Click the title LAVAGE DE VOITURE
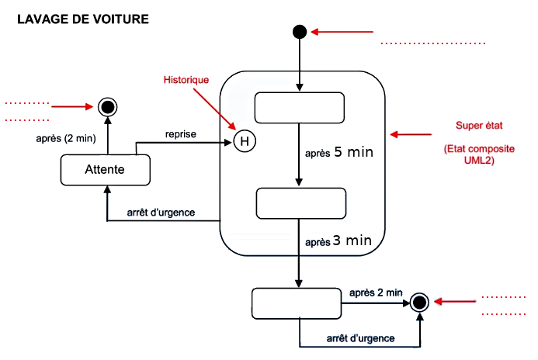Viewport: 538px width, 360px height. point(83,19)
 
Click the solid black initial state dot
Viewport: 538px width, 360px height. point(300,32)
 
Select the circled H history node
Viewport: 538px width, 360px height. point(245,141)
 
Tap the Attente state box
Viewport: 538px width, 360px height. point(106,170)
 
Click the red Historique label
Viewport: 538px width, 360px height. point(186,80)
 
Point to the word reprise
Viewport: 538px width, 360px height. point(181,134)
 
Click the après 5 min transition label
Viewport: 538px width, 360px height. point(339,152)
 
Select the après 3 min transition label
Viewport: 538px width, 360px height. point(338,241)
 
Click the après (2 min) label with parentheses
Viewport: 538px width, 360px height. point(66,139)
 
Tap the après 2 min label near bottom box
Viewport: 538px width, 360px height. point(376,292)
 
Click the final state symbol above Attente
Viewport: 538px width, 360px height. point(108,107)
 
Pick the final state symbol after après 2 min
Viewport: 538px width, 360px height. point(419,303)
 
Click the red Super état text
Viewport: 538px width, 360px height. point(479,126)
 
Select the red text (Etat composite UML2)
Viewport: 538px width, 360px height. point(479,154)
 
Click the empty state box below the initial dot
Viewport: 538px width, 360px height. point(300,108)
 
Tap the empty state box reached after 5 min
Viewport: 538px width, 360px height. point(301,203)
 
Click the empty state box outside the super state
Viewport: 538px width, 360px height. point(297,304)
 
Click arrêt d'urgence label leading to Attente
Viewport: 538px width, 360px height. point(161,213)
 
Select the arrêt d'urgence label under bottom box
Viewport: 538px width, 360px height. point(361,338)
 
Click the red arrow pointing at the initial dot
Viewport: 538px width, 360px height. point(342,32)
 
